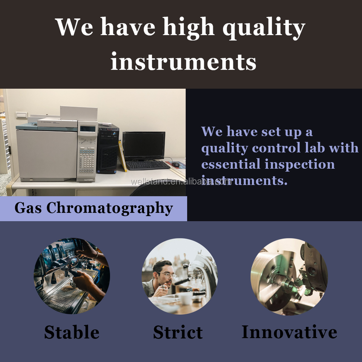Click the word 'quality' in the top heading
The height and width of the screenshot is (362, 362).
pyautogui.click(x=264, y=28)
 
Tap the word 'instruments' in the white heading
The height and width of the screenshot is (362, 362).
pyautogui.click(x=184, y=61)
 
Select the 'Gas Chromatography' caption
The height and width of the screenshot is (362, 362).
pyautogui.click(x=94, y=208)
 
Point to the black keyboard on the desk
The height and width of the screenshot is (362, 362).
pyautogui.click(x=148, y=165)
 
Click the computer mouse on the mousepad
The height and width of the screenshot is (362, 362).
pyautogui.click(x=175, y=164)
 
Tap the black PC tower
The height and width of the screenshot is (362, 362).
pyautogui.click(x=108, y=149)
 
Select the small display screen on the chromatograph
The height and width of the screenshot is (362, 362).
pyautogui.click(x=87, y=129)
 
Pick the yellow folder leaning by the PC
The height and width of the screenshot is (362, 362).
pyautogui.click(x=122, y=156)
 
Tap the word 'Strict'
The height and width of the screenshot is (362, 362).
pyautogui.click(x=178, y=332)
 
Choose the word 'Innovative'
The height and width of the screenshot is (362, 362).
pyautogui.click(x=289, y=332)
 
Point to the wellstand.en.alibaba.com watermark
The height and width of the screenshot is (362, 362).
pyautogui.click(x=181, y=182)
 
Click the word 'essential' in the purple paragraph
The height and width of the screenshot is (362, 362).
pyautogui.click(x=231, y=164)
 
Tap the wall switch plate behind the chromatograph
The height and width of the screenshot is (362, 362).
pyautogui.click(x=21, y=115)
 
